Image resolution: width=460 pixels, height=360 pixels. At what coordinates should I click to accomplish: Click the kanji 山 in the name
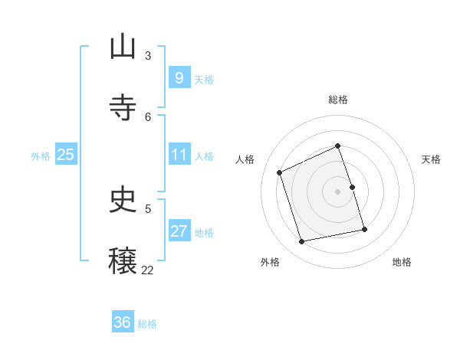tap(123, 47)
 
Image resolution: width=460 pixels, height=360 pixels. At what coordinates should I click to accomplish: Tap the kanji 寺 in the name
tap(123, 108)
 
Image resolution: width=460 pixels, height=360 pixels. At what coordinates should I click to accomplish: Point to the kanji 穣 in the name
tap(123, 260)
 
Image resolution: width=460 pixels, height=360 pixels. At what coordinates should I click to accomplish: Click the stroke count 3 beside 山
tap(148, 55)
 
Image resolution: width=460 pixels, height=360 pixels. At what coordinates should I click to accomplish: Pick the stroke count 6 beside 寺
tap(148, 116)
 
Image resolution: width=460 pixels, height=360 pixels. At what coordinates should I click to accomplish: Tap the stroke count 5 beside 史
tap(148, 208)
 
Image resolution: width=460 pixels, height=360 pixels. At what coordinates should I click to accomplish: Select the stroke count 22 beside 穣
tap(147, 270)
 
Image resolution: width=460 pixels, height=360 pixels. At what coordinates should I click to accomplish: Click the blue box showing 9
tap(179, 77)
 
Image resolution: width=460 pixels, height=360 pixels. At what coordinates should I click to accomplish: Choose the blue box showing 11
tap(179, 155)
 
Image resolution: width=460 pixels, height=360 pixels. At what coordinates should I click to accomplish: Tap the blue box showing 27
tap(179, 231)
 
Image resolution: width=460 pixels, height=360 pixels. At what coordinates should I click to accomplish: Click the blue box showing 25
tap(65, 155)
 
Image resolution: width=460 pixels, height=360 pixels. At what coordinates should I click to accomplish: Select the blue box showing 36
tap(122, 322)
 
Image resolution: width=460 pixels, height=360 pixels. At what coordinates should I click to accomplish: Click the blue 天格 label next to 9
tap(204, 79)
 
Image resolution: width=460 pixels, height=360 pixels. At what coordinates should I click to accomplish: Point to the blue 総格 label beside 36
tap(147, 324)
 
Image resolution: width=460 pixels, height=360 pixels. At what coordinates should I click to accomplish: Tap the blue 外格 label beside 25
tap(41, 156)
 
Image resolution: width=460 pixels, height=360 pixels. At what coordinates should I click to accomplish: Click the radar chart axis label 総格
tap(338, 100)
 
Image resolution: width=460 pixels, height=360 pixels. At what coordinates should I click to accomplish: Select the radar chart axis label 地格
tap(402, 262)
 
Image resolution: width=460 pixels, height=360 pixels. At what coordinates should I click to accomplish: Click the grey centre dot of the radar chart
tap(338, 191)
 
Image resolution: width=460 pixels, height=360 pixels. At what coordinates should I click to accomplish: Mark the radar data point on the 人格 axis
tap(280, 172)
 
